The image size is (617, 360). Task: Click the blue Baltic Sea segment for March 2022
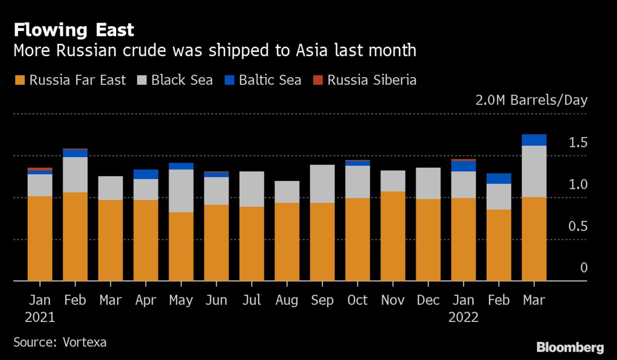coord(534,140)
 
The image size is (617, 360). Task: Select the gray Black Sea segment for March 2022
coord(534,171)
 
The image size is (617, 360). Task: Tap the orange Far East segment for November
coord(393,236)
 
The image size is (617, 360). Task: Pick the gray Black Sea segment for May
coord(181,191)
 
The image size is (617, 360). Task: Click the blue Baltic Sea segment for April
coord(146,174)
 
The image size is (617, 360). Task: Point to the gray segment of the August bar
coord(287,192)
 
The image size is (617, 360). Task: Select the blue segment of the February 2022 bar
coord(499,178)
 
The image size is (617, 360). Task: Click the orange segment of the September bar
coord(322,242)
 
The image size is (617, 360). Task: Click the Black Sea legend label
coord(182,80)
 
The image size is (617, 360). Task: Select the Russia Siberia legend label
coord(372,80)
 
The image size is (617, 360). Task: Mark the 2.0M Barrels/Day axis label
coord(531,100)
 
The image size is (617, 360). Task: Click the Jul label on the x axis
coord(251,300)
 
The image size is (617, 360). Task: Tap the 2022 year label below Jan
coord(463,317)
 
